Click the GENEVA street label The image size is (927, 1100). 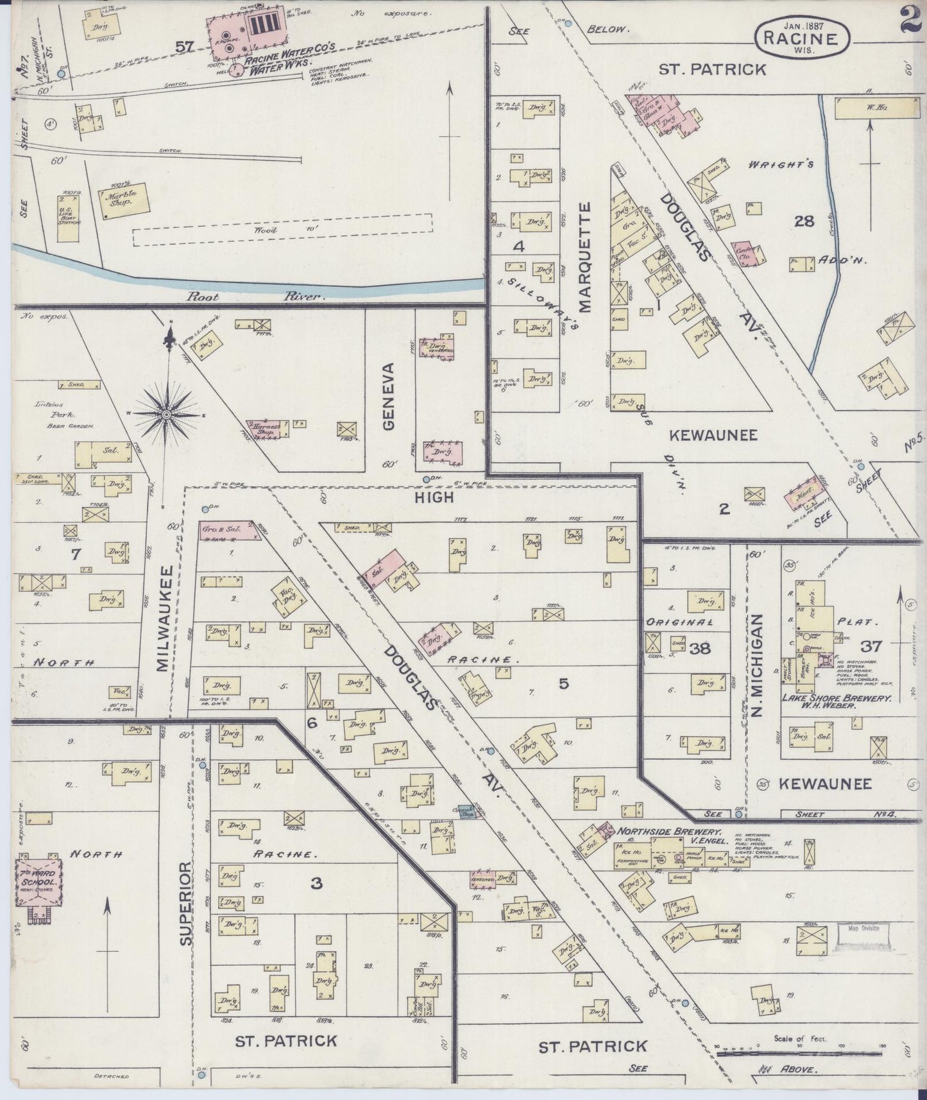389,396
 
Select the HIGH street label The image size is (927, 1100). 434,497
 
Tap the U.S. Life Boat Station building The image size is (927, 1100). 69,221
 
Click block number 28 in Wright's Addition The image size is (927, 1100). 804,221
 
